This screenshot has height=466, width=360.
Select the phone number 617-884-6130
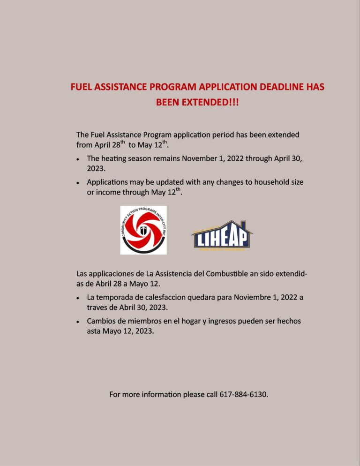click(244, 394)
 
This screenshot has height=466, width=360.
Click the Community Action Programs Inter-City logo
click(143, 230)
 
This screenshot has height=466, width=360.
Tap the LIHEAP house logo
click(222, 236)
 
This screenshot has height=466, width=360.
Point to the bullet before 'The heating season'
click(77, 159)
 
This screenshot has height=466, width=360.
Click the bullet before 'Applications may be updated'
click(77, 182)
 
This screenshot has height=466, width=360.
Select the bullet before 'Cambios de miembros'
click(77, 322)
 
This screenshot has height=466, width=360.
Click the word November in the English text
click(203, 158)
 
